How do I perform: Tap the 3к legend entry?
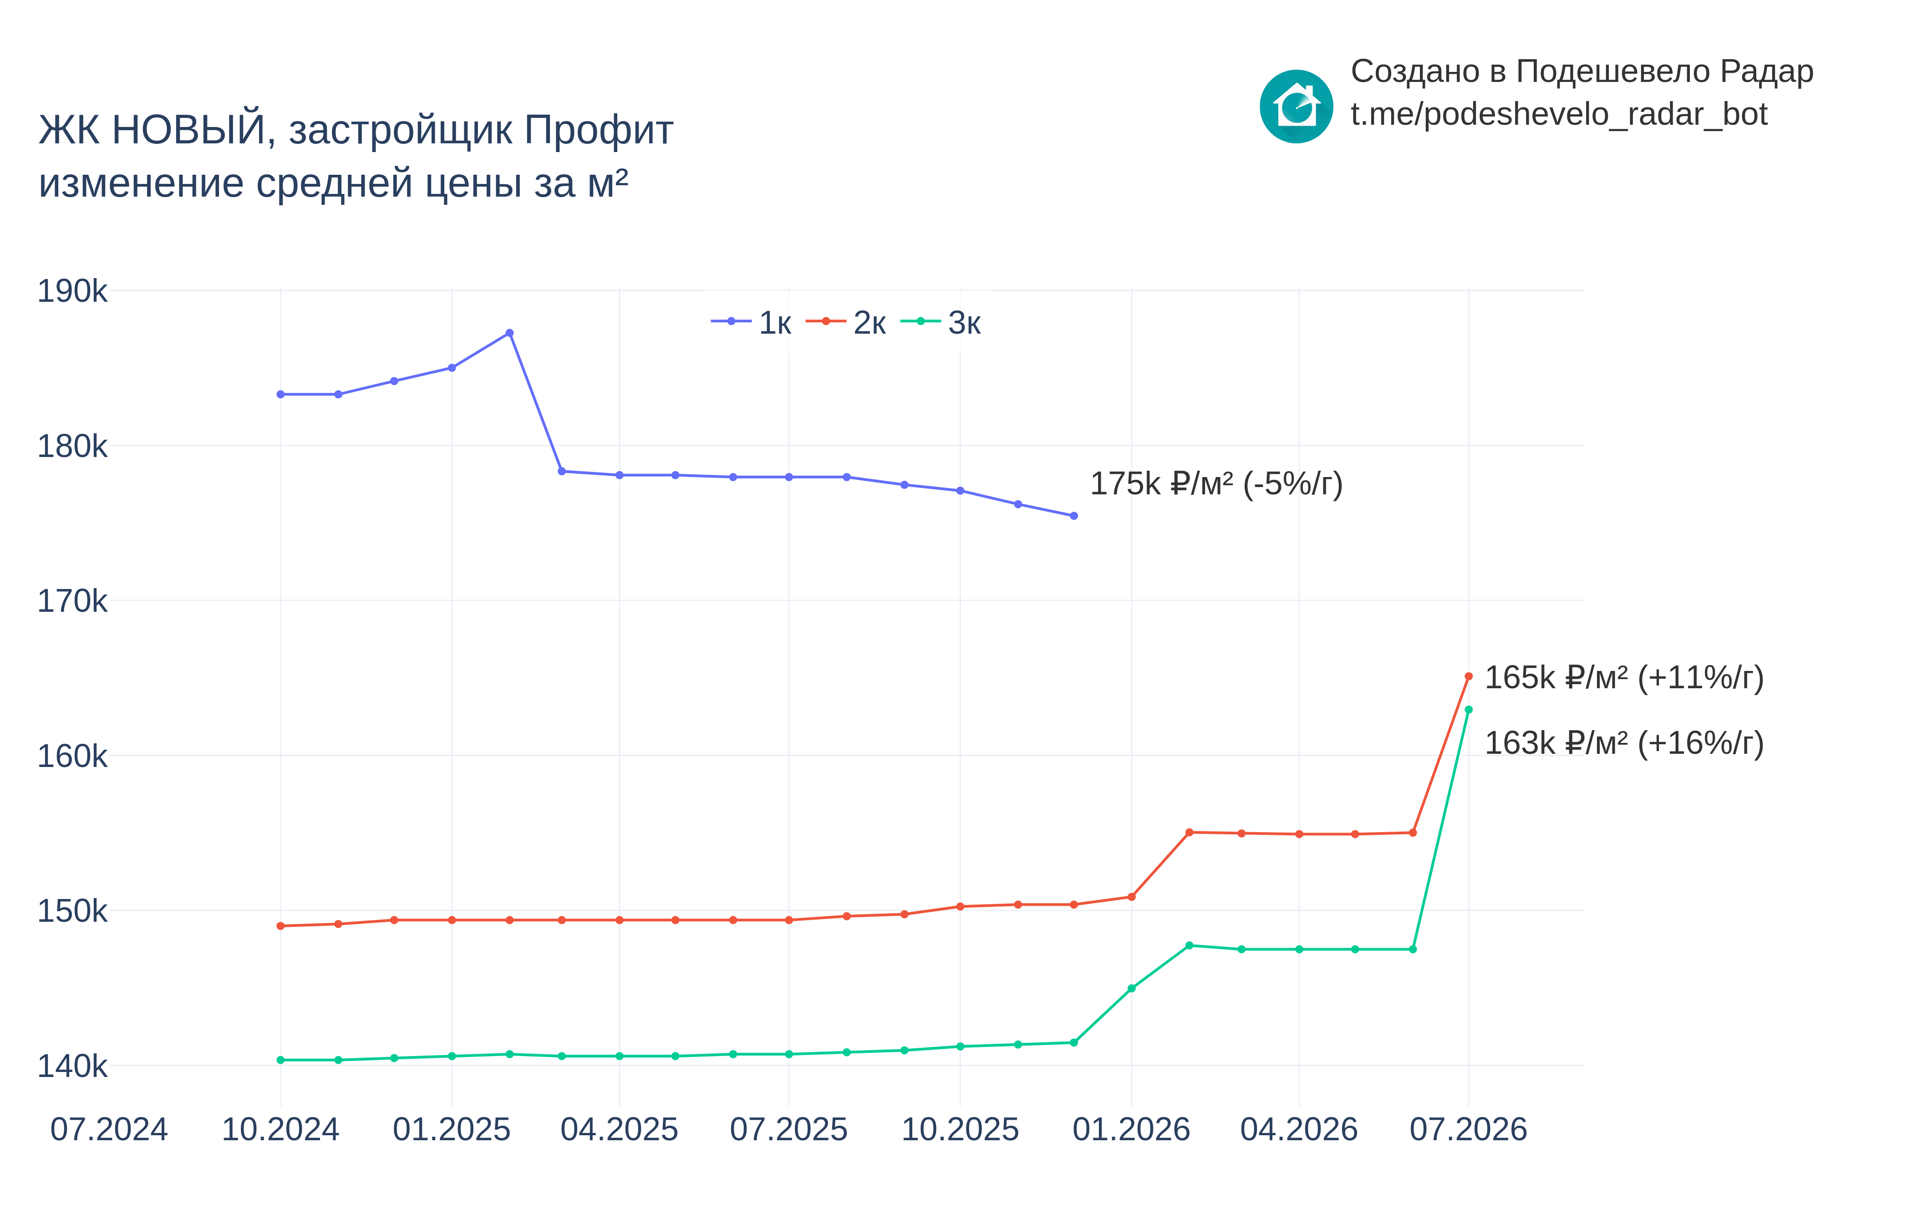941,322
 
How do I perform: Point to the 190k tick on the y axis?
72,291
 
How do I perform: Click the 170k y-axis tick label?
72,601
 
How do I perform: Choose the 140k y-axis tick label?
72,1066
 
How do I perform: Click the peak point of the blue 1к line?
509,333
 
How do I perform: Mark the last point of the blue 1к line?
1073,516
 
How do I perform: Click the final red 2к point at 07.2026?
1468,676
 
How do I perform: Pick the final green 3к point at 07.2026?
1468,710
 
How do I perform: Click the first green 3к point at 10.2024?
280,1060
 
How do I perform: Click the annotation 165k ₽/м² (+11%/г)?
1624,678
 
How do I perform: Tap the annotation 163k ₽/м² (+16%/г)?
1624,743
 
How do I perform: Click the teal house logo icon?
1296,106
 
